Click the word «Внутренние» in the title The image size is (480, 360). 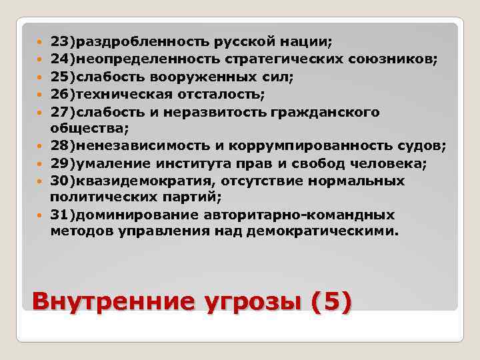107,301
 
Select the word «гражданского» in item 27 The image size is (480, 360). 335,112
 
